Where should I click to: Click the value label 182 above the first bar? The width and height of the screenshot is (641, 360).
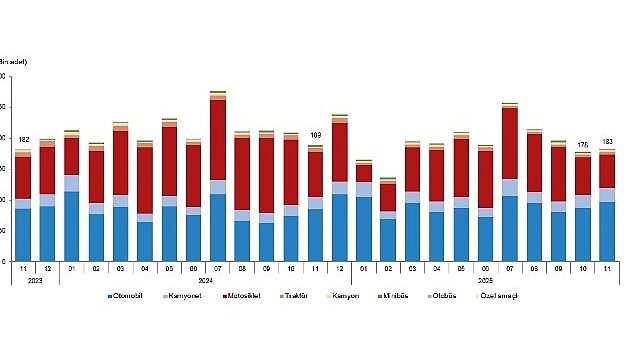pos(23,139)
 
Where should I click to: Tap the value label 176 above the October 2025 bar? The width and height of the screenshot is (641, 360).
pos(582,144)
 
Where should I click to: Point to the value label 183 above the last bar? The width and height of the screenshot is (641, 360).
pos(607,141)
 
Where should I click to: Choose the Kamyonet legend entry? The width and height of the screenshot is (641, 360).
pos(193,296)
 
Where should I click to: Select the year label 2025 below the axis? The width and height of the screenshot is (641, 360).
pos(484,279)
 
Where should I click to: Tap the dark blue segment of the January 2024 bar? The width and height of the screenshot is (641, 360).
pos(71,225)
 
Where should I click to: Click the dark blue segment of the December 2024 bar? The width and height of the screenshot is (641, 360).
pos(339,226)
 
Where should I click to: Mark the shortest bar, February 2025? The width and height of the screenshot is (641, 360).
pos(388,220)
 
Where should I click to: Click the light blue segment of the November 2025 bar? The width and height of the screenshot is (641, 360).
pos(607,195)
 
